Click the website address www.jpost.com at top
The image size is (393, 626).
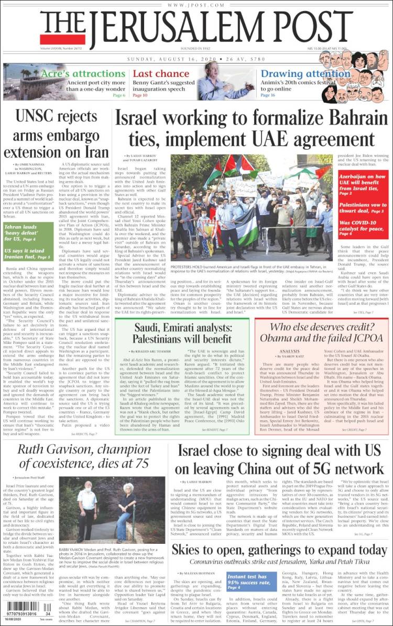196,5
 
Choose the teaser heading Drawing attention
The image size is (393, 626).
298,74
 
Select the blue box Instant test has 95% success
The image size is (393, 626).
252,582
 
